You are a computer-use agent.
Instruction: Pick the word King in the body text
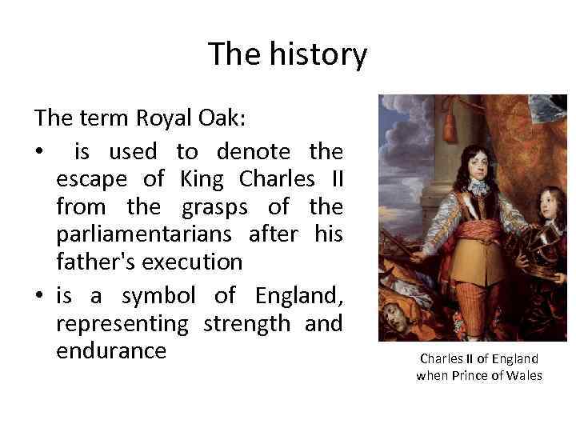(200, 178)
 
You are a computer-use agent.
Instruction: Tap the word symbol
(158, 295)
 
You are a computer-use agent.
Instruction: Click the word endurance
(111, 350)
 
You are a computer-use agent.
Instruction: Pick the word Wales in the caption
(524, 375)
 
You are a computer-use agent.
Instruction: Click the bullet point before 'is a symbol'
(38, 297)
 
